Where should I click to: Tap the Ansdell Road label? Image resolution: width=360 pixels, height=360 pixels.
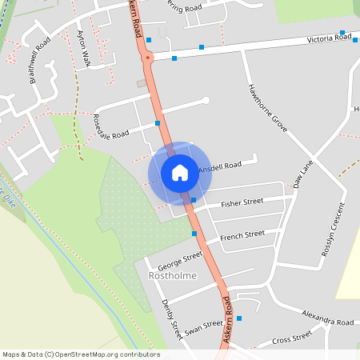[x=220, y=167]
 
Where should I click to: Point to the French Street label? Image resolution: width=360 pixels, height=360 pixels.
[x=242, y=235]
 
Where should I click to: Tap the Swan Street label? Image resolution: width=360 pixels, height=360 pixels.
[x=203, y=327]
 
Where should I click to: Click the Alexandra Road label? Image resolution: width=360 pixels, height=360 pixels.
[x=328, y=320]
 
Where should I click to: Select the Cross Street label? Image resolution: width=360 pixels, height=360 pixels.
[x=292, y=338]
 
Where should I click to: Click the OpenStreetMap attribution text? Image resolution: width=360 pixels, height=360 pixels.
[x=80, y=354]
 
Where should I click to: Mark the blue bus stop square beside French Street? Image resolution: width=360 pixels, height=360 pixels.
[x=194, y=234]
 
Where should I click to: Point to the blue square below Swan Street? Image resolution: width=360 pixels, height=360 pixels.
[x=238, y=318]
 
